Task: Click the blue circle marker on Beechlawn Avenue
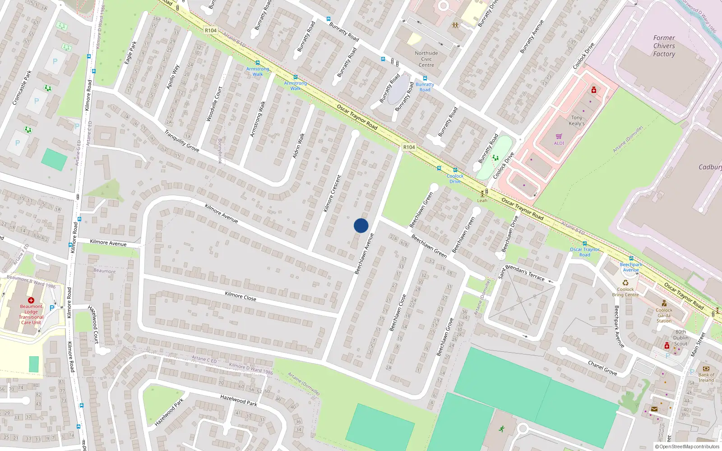361,225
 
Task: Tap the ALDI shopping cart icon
559,137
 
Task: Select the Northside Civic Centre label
426,59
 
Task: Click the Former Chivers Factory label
664,46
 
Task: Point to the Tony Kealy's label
577,120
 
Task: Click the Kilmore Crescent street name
333,193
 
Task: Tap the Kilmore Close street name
241,296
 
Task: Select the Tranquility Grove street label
182,141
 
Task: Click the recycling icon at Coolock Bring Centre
625,283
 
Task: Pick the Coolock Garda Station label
664,315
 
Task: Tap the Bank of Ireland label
706,377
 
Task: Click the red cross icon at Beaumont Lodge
31,300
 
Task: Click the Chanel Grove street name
602,368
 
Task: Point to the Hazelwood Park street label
239,400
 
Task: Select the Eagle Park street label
130,52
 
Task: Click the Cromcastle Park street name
22,87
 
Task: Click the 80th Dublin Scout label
681,337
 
